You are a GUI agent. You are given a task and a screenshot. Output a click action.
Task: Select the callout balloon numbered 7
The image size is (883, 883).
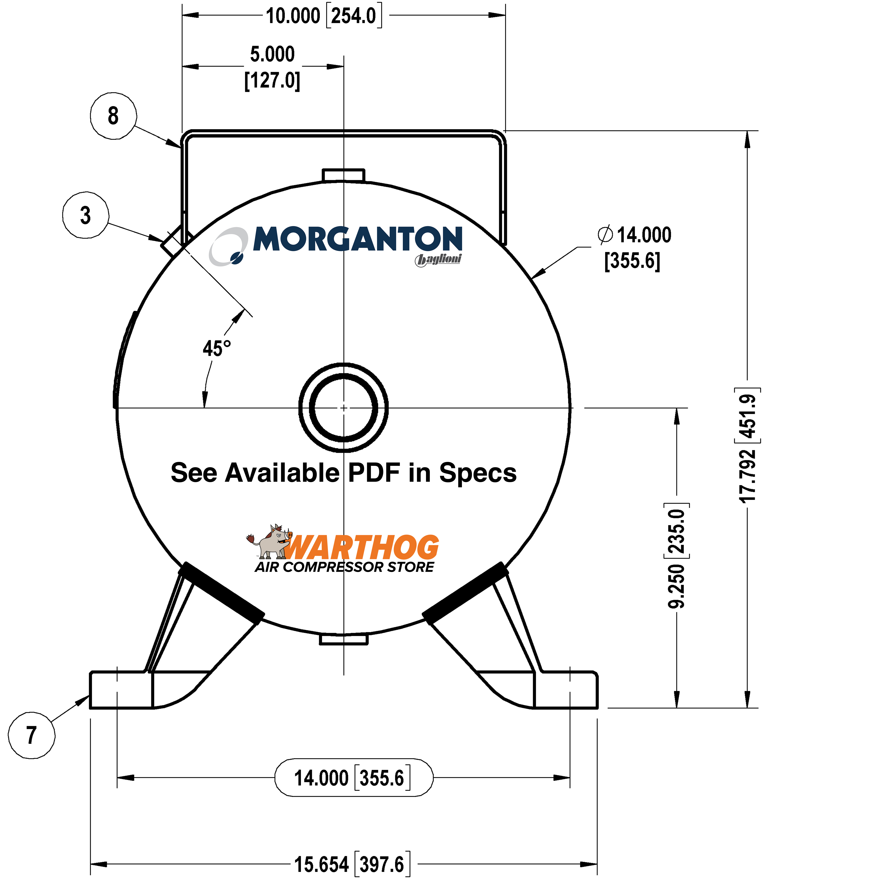(x=31, y=735)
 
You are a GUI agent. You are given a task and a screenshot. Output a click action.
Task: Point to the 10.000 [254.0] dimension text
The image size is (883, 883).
(x=324, y=16)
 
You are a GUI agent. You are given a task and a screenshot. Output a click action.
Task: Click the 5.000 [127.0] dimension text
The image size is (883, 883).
(x=272, y=67)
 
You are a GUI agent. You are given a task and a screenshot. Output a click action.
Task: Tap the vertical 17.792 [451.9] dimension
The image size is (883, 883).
(x=748, y=448)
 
